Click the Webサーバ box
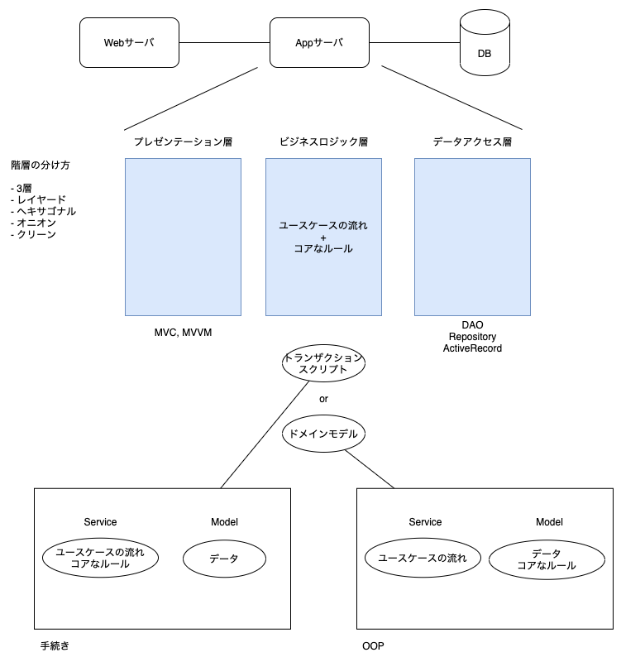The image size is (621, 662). [x=129, y=42]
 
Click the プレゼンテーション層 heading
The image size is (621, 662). [x=183, y=142]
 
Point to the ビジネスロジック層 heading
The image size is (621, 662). [x=323, y=142]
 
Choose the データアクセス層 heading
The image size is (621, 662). [x=472, y=142]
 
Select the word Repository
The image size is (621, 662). [x=472, y=337]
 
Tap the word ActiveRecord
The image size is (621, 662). [x=472, y=348]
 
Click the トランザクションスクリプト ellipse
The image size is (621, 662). [x=323, y=364]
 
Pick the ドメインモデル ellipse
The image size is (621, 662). [x=323, y=433]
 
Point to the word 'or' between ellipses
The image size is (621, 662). [x=323, y=399]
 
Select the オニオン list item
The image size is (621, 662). [x=36, y=223]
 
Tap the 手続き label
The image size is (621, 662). [x=52, y=645]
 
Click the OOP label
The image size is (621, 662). [x=373, y=645]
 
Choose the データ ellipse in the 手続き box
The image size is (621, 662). [x=224, y=559]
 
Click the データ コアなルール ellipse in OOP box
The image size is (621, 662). [x=546, y=559]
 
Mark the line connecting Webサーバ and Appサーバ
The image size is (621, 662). [x=224, y=42]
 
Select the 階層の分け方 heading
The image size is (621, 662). [x=40, y=165]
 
